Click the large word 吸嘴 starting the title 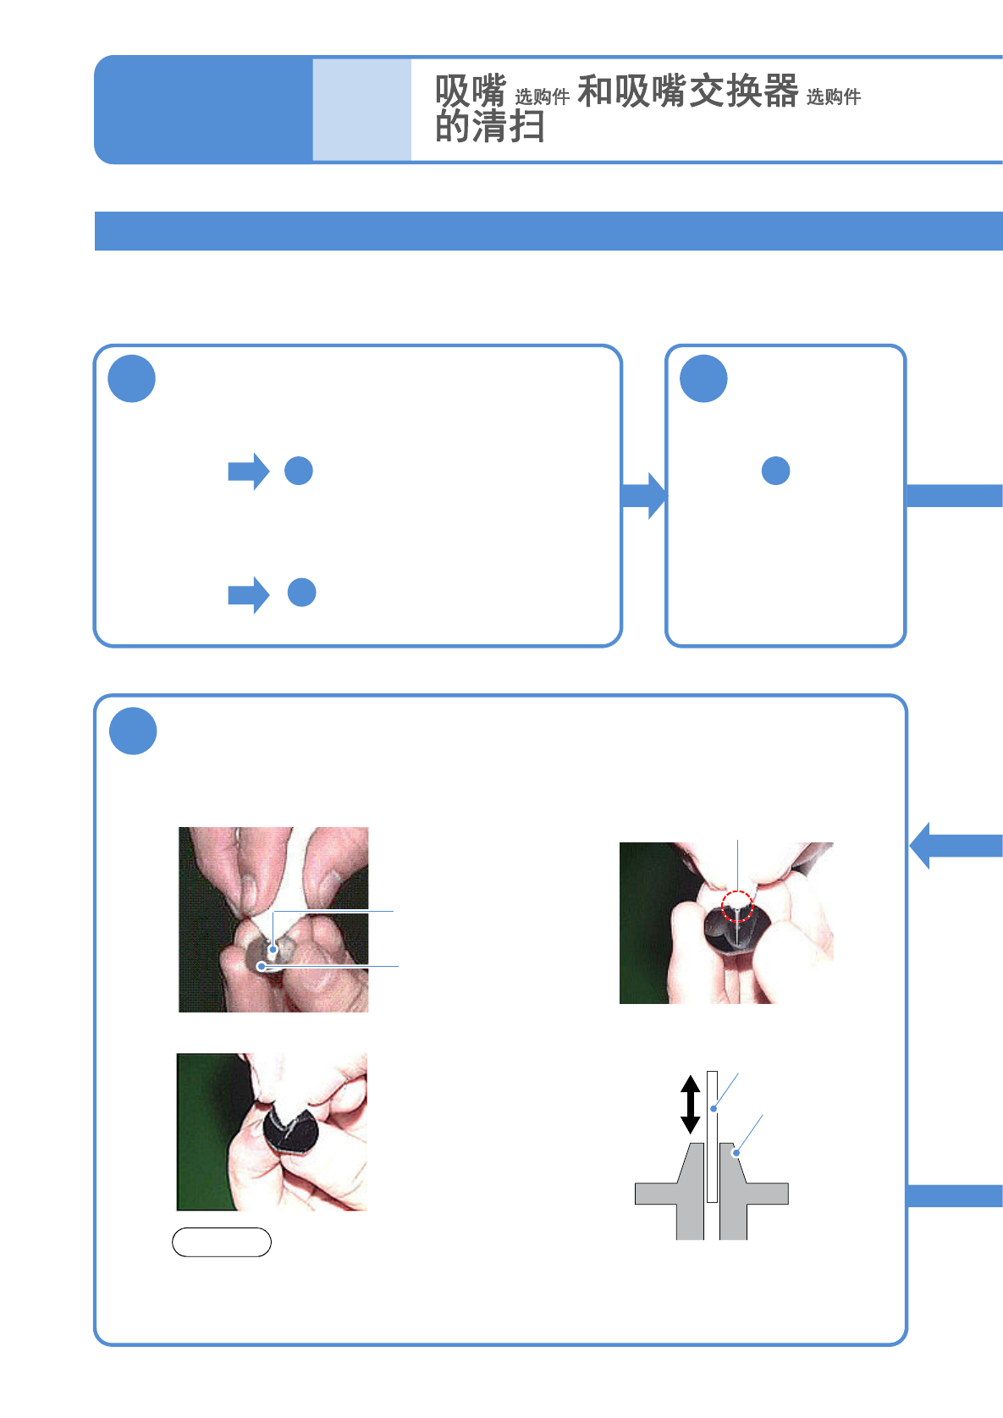pos(471,91)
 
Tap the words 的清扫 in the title pos(489,128)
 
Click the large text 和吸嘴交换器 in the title pos(687,91)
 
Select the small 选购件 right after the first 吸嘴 pos(542,97)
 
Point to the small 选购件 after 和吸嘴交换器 pos(833,97)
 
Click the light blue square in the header pos(361,109)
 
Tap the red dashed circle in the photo pos(737,906)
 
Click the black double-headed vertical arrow pos(691,1104)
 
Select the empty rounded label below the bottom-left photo pos(222,1242)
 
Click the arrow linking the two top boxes pos(644,495)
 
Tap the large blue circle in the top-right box pos(703,378)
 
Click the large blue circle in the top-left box pos(132,378)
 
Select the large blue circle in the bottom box pos(133,731)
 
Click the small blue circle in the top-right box pos(776,471)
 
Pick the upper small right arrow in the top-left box pos(249,472)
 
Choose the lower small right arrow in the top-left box pos(249,594)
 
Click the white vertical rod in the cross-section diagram pos(712,1134)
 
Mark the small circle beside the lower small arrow pos(302,593)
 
